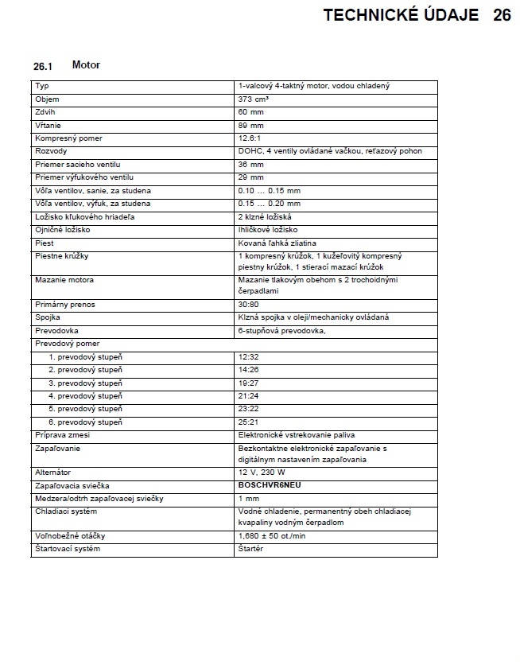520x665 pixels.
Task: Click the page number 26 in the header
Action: tap(501, 16)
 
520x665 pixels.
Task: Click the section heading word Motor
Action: tap(86, 64)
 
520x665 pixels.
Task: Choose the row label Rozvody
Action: tap(50, 151)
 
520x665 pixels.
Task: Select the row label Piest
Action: tap(45, 243)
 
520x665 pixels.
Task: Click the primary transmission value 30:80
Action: tap(248, 305)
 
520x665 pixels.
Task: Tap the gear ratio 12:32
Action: tap(248, 357)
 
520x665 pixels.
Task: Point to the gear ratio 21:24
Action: tap(248, 396)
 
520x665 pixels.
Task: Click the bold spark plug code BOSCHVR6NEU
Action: tap(270, 484)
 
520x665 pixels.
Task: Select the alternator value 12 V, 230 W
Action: tap(261, 472)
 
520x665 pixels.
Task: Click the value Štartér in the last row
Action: tap(251, 550)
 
